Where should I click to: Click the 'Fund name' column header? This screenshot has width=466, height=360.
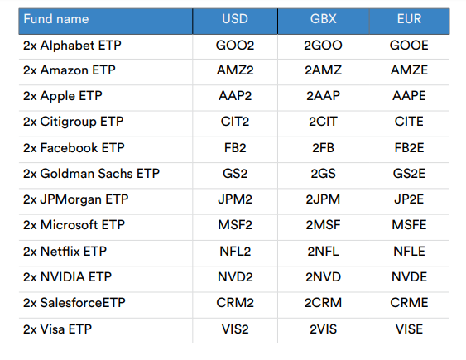click(55, 19)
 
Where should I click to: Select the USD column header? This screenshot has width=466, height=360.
click(234, 19)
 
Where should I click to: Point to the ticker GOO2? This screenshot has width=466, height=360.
click(234, 46)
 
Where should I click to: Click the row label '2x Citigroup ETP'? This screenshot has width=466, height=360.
click(74, 122)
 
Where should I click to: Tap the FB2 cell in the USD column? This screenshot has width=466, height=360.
click(234, 148)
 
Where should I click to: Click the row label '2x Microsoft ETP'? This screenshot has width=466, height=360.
click(73, 225)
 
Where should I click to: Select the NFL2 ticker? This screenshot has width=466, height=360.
click(234, 251)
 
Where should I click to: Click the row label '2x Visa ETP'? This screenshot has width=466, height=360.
click(58, 329)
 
